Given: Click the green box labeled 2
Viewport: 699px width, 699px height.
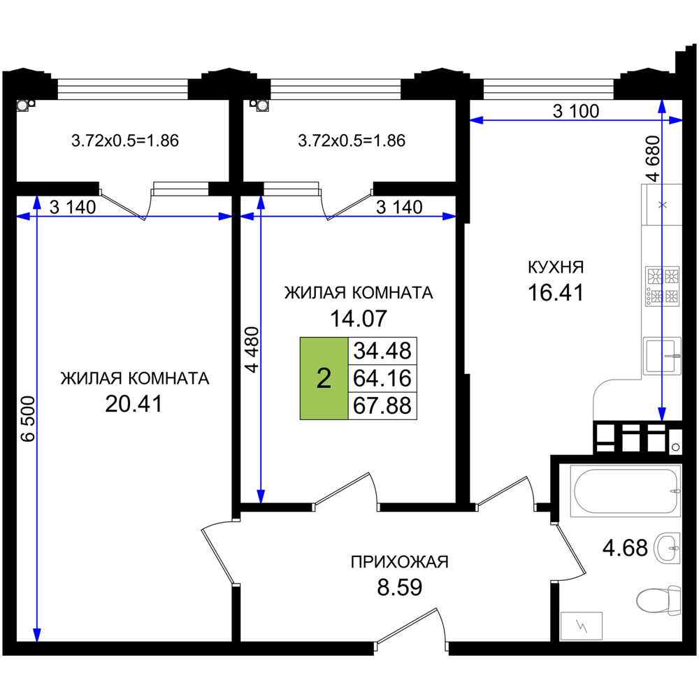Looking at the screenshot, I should click(324, 378).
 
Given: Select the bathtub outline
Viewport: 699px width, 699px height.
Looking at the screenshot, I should click(625, 491).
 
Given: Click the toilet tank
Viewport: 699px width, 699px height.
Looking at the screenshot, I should click(674, 600).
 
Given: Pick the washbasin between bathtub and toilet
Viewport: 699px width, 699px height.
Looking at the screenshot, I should click(667, 548).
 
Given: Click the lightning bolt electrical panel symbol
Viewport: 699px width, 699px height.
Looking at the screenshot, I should click(582, 626).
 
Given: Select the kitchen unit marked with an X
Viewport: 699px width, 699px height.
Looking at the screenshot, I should click(662, 204).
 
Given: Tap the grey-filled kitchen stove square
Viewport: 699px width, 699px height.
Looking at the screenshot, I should click(661, 285).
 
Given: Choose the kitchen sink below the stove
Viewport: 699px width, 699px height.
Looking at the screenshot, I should click(661, 356).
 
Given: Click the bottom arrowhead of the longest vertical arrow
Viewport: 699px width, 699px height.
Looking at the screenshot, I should click(37, 634).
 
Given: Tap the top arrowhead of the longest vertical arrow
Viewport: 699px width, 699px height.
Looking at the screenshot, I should click(37, 203).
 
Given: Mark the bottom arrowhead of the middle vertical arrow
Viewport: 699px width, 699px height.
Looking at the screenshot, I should click(261, 496).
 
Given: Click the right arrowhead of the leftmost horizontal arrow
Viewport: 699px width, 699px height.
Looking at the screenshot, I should click(224, 217).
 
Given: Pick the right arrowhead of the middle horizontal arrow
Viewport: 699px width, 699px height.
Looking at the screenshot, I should click(448, 217).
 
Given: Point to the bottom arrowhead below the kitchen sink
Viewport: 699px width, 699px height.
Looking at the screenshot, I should click(662, 413).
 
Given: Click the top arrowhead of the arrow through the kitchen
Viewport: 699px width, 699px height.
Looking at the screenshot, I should click(662, 107).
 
